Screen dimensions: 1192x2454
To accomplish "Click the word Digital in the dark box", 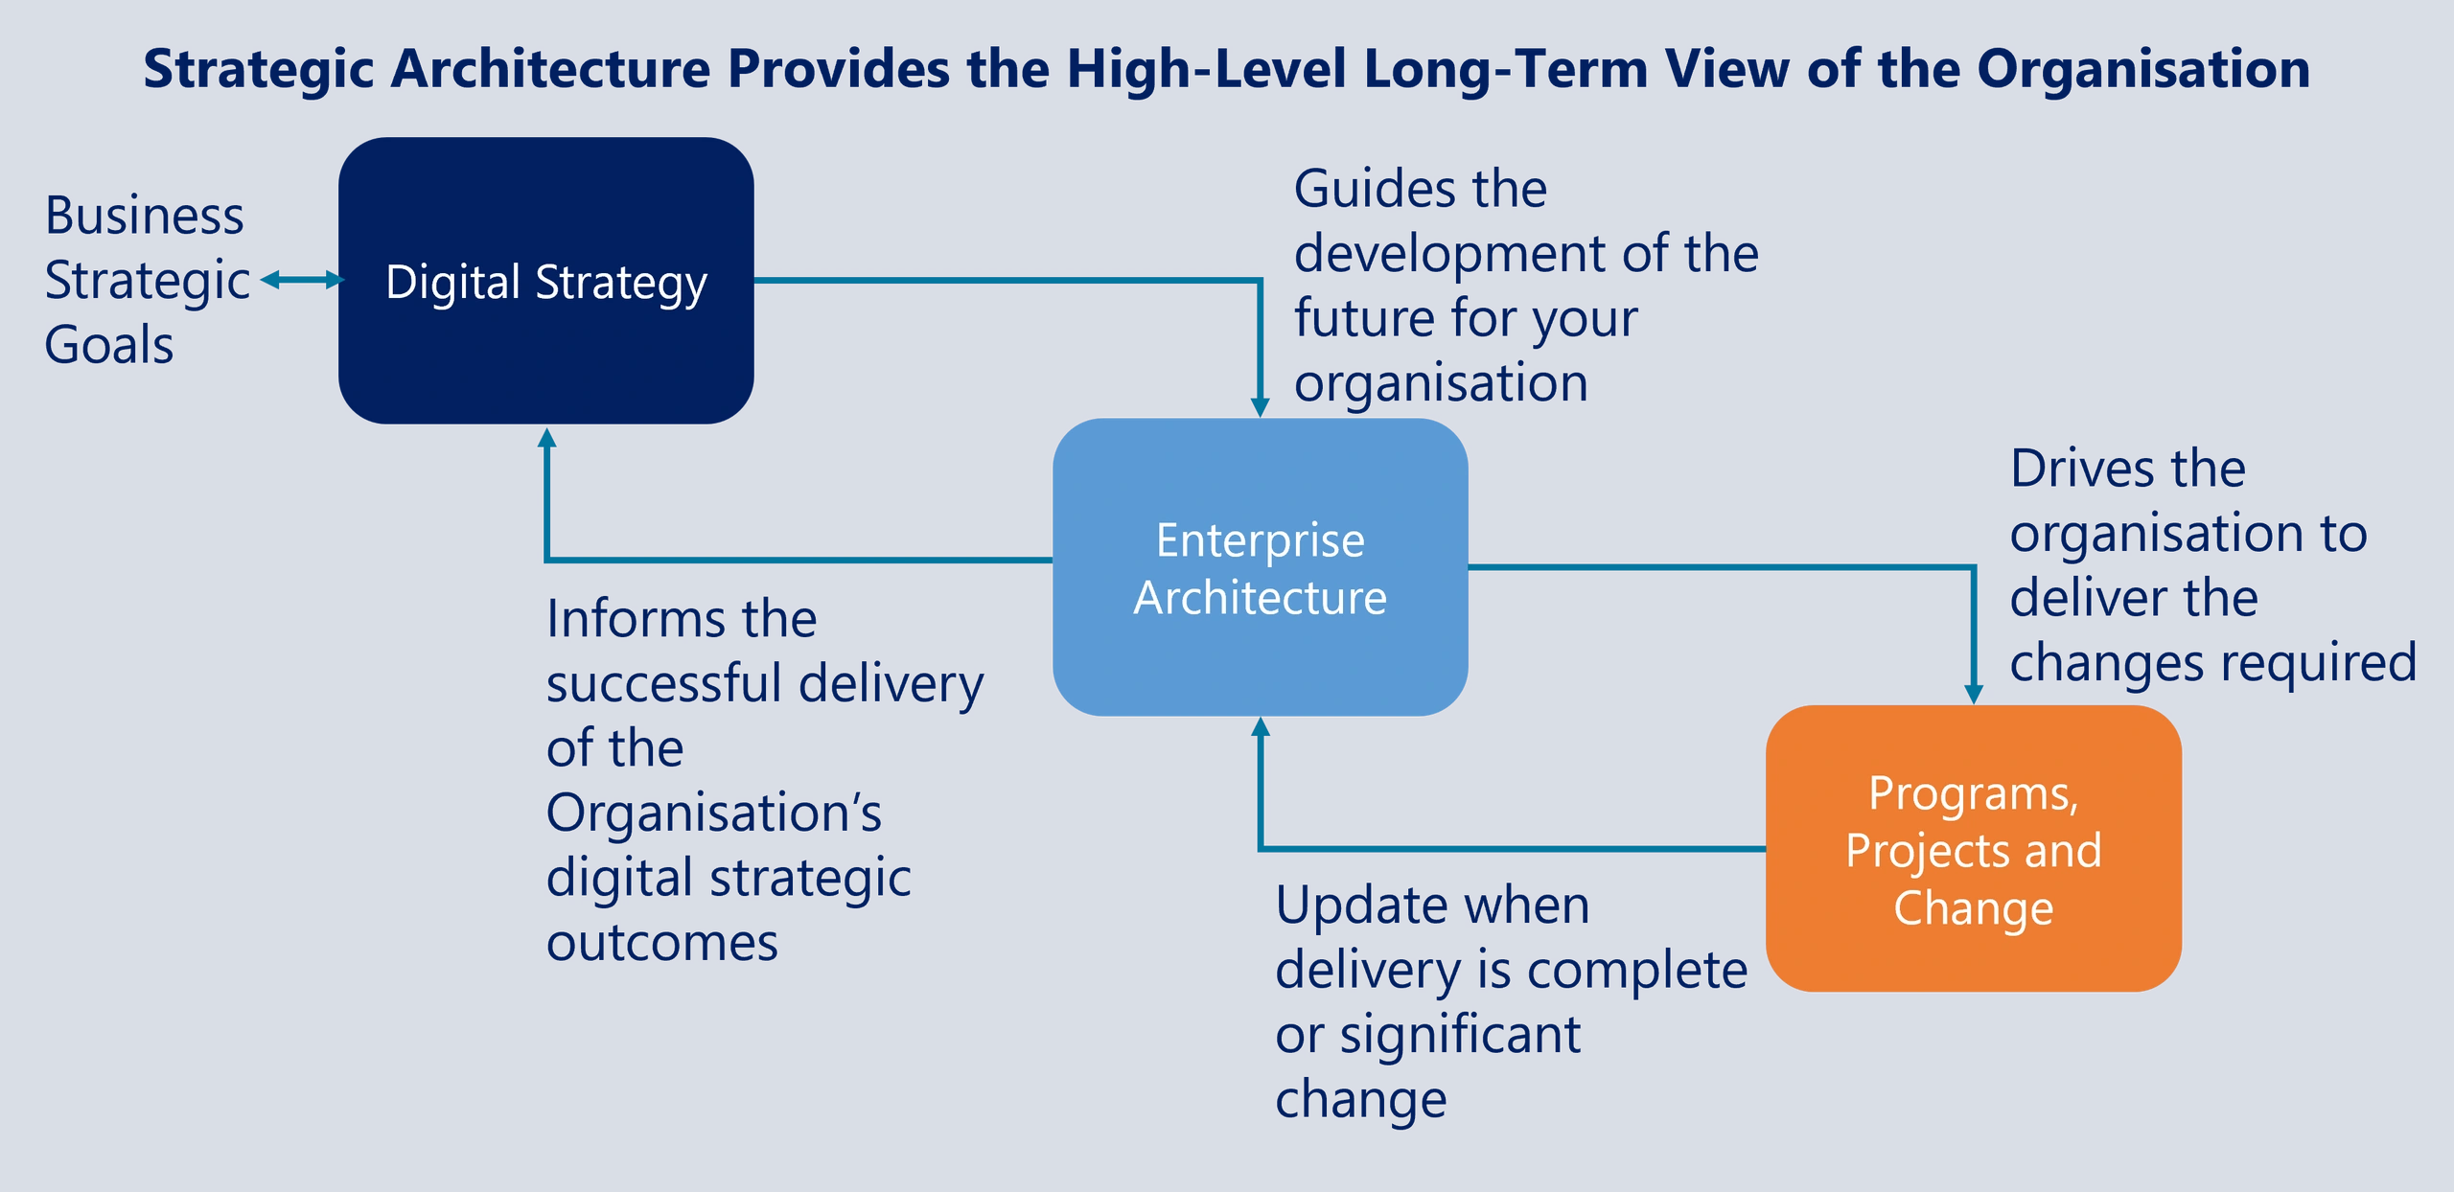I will coord(452,283).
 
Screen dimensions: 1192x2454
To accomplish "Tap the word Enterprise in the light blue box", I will coord(1260,540).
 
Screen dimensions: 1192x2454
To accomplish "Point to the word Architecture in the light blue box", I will coord(1260,598).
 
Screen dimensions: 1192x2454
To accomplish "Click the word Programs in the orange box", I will coord(1973,794).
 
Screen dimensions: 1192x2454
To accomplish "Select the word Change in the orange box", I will coord(1973,908).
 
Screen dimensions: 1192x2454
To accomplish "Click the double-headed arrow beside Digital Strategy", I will coord(301,280).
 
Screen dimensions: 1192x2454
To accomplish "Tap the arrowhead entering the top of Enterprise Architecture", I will coord(1261,407).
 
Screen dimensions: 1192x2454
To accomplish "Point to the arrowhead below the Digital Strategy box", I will coord(546,439).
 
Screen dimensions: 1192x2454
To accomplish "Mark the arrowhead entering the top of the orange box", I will coord(1974,694).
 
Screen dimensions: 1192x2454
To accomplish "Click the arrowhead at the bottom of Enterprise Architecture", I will coord(1261,727).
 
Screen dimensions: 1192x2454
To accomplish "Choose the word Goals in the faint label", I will coord(110,344).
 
